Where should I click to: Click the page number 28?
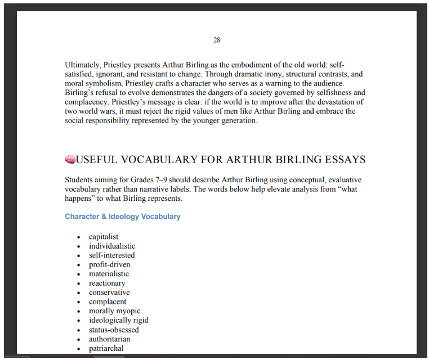[x=217, y=40]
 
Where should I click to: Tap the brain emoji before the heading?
[x=70, y=160]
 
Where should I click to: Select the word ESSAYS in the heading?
[x=345, y=160]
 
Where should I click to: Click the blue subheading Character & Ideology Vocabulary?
[x=122, y=217]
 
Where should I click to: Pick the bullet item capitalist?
[x=104, y=237]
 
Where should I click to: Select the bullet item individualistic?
[x=112, y=246]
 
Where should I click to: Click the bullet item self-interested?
[x=111, y=255]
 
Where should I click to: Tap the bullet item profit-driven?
[x=109, y=264]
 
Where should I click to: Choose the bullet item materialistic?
[x=109, y=274]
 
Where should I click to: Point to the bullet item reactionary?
[x=107, y=283]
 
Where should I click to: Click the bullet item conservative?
[x=109, y=292]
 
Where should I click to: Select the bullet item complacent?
[x=108, y=302]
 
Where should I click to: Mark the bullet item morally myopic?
[x=114, y=311]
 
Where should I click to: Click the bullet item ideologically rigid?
[x=118, y=321]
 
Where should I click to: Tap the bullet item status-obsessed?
[x=114, y=330]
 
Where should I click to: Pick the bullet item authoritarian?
[x=109, y=339]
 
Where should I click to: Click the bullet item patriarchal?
[x=106, y=349]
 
